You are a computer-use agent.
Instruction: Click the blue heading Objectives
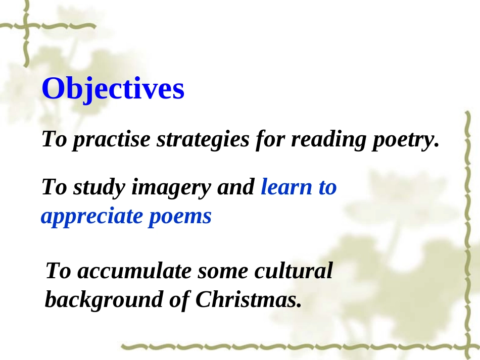click(x=113, y=89)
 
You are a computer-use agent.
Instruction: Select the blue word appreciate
click(x=92, y=217)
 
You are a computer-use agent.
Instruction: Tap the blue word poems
click(x=180, y=217)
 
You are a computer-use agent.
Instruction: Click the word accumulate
click(x=134, y=271)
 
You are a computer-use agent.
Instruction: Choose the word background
click(x=103, y=299)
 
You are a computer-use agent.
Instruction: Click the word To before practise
click(x=55, y=139)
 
